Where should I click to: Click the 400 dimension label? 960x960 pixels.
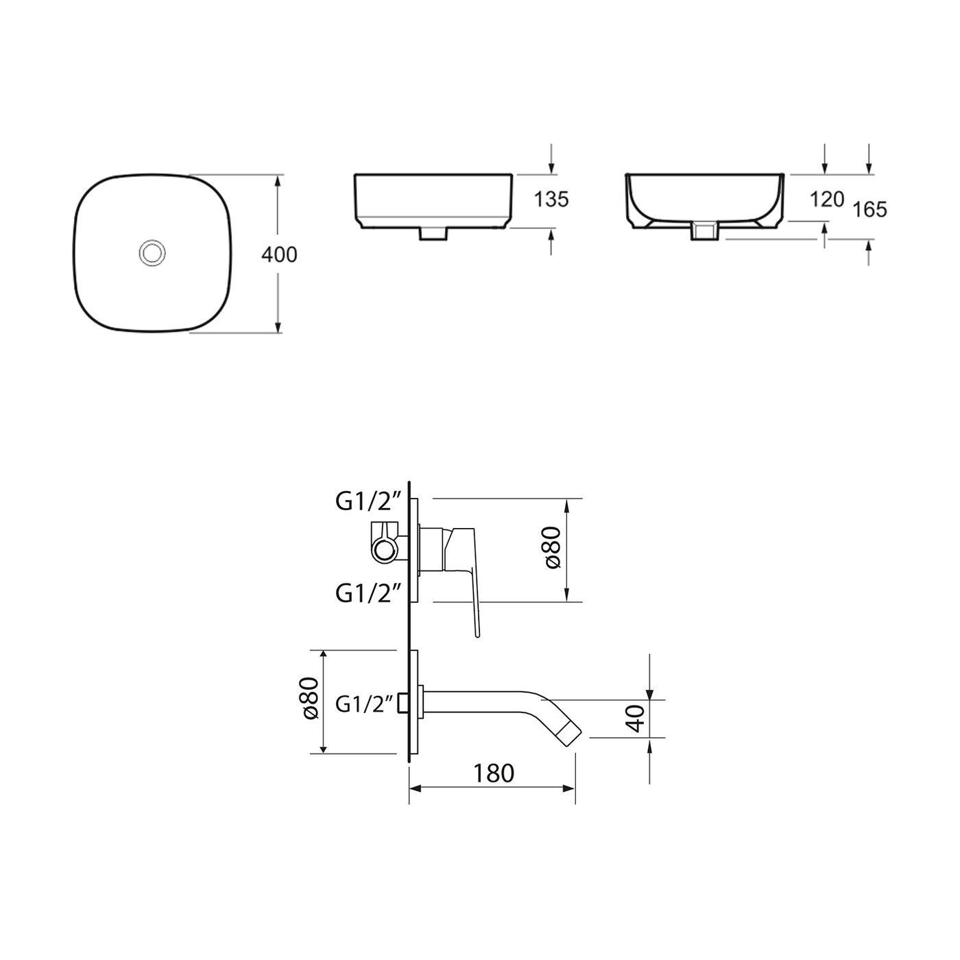pyautogui.click(x=280, y=254)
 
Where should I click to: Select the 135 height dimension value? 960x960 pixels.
pyautogui.click(x=551, y=200)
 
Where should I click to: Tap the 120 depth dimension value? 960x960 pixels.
pyautogui.click(x=826, y=200)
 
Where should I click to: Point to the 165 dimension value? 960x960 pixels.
pyautogui.click(x=870, y=209)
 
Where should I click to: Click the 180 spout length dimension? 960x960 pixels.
pyautogui.click(x=494, y=773)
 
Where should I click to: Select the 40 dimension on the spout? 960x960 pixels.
pyautogui.click(x=637, y=718)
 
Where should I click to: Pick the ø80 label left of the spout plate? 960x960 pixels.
pyautogui.click(x=309, y=699)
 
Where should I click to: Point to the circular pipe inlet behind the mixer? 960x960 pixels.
pyautogui.click(x=383, y=551)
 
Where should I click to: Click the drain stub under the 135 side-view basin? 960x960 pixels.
pyautogui.click(x=433, y=235)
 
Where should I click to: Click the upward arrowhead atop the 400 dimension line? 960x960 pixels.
pyautogui.click(x=278, y=180)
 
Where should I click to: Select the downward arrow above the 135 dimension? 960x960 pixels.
pyautogui.click(x=552, y=167)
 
